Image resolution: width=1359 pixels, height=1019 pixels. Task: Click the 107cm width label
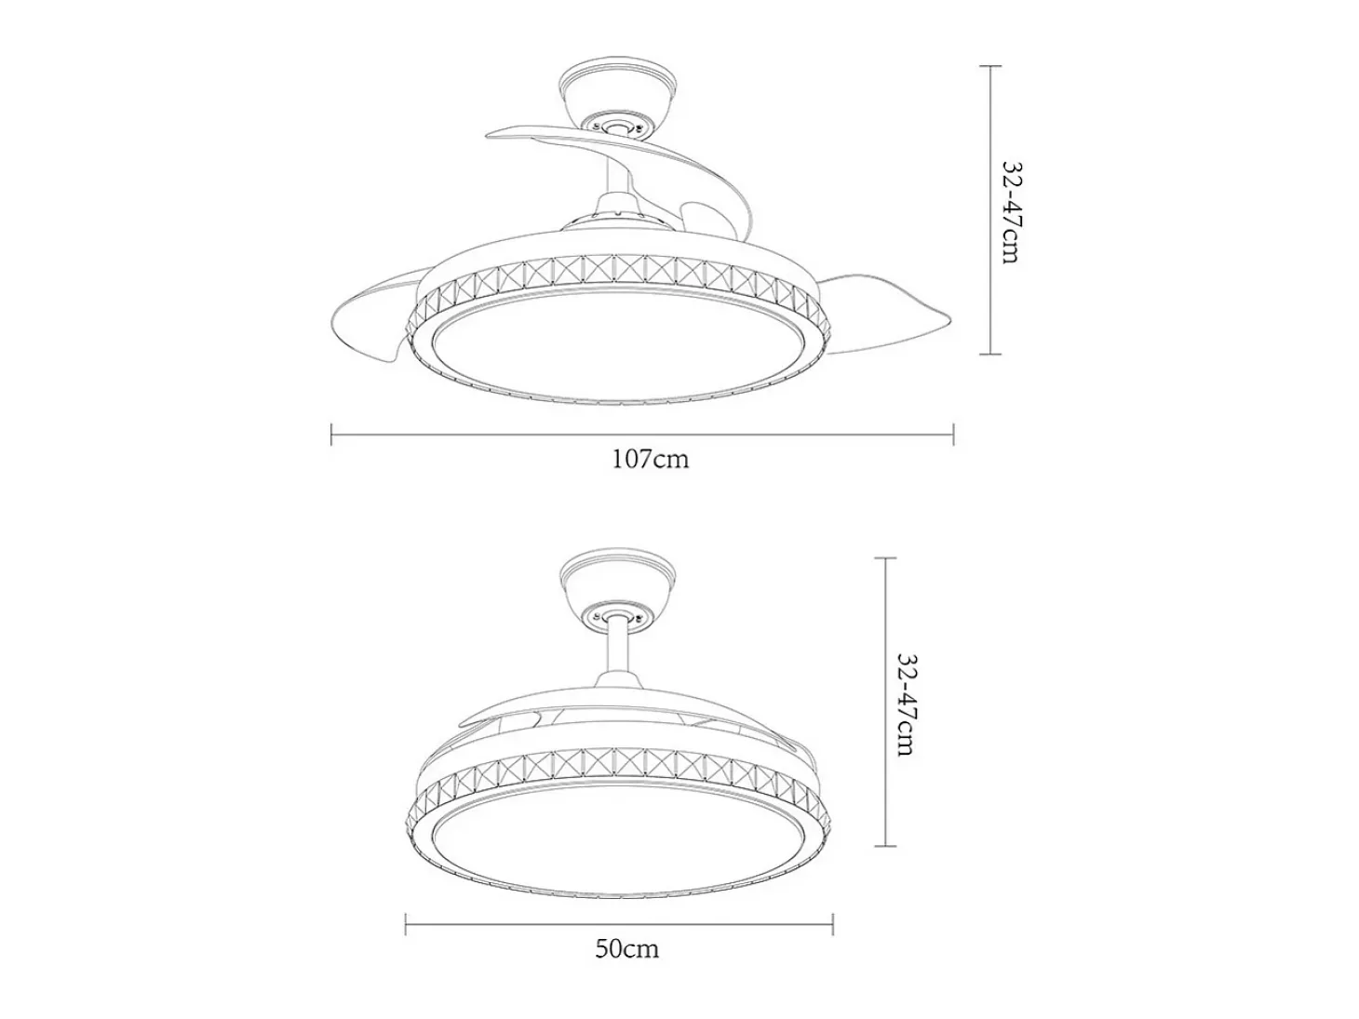650,459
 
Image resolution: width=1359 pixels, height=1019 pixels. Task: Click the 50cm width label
626,948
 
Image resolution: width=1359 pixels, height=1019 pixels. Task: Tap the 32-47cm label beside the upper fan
1010,212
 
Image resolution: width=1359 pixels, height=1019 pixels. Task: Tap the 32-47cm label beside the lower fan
905,704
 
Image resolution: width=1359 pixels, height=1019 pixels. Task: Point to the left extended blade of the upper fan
371,318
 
